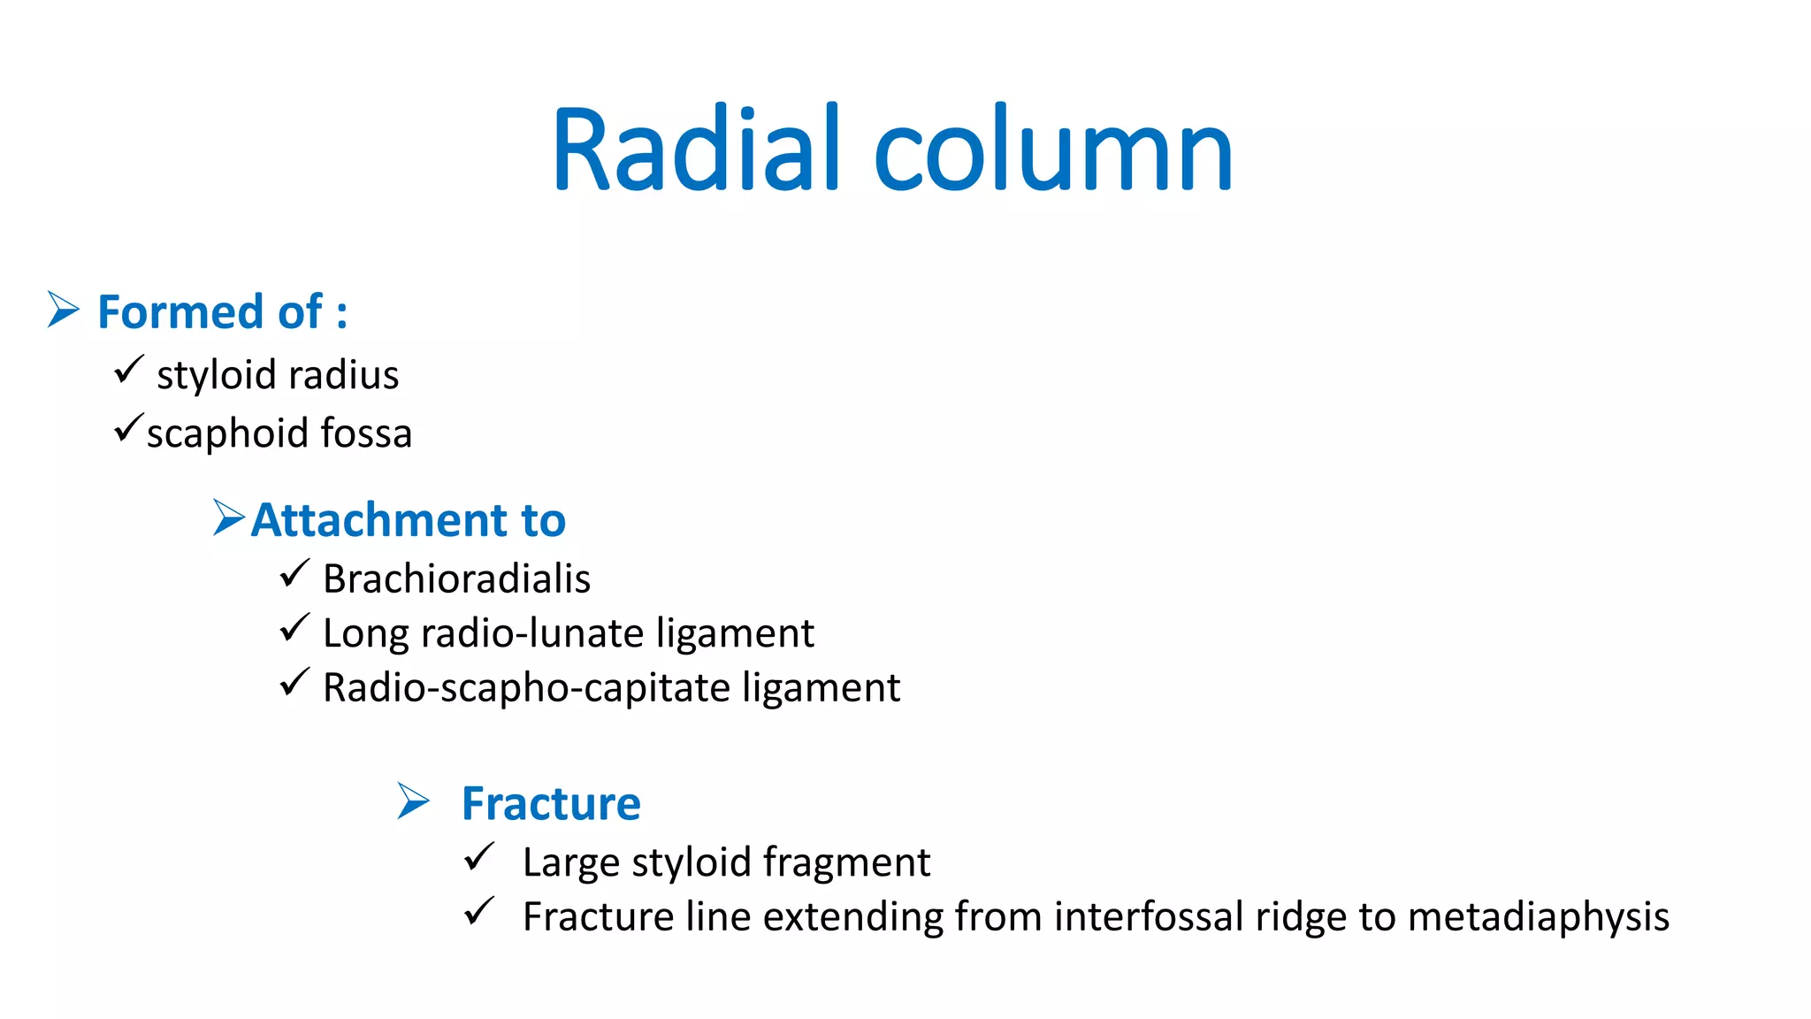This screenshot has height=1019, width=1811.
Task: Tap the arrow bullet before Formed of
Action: pos(63,310)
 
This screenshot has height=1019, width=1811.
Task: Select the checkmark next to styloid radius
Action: pos(129,369)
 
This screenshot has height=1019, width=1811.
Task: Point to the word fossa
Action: pos(366,433)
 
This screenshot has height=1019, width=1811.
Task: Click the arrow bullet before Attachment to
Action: pos(228,517)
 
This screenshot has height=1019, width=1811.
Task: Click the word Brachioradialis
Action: pos(456,579)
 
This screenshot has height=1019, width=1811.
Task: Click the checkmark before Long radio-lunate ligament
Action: pos(294,628)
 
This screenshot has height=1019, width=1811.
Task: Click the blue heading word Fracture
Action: pos(551,803)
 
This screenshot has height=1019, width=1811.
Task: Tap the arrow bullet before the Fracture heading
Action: pos(413,801)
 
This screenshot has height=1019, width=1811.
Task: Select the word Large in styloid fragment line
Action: pos(570,862)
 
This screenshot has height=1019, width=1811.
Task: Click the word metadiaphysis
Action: pos(1538,917)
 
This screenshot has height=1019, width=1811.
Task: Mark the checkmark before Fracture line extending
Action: pos(479,911)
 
